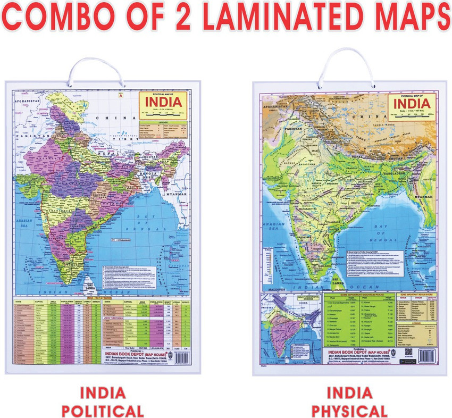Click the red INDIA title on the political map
click(x=163, y=101)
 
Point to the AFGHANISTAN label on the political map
click(x=29, y=100)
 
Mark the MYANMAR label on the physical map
click(x=422, y=197)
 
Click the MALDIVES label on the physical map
click(x=271, y=290)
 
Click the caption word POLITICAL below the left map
click(x=103, y=410)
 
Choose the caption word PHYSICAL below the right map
click(x=349, y=410)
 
